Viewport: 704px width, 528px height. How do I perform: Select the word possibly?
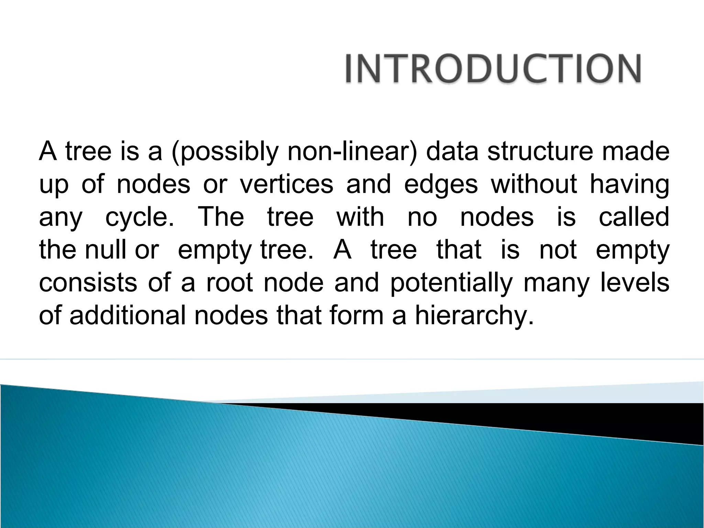tap(225, 152)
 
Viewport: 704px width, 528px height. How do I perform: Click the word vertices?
tap(286, 184)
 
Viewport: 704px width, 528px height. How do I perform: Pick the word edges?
tap(441, 185)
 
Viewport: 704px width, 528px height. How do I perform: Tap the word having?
tap(629, 185)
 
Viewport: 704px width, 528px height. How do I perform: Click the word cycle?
tap(140, 218)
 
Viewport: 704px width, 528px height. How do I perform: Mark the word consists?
tap(88, 283)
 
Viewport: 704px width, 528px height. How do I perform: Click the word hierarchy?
tap(474, 316)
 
